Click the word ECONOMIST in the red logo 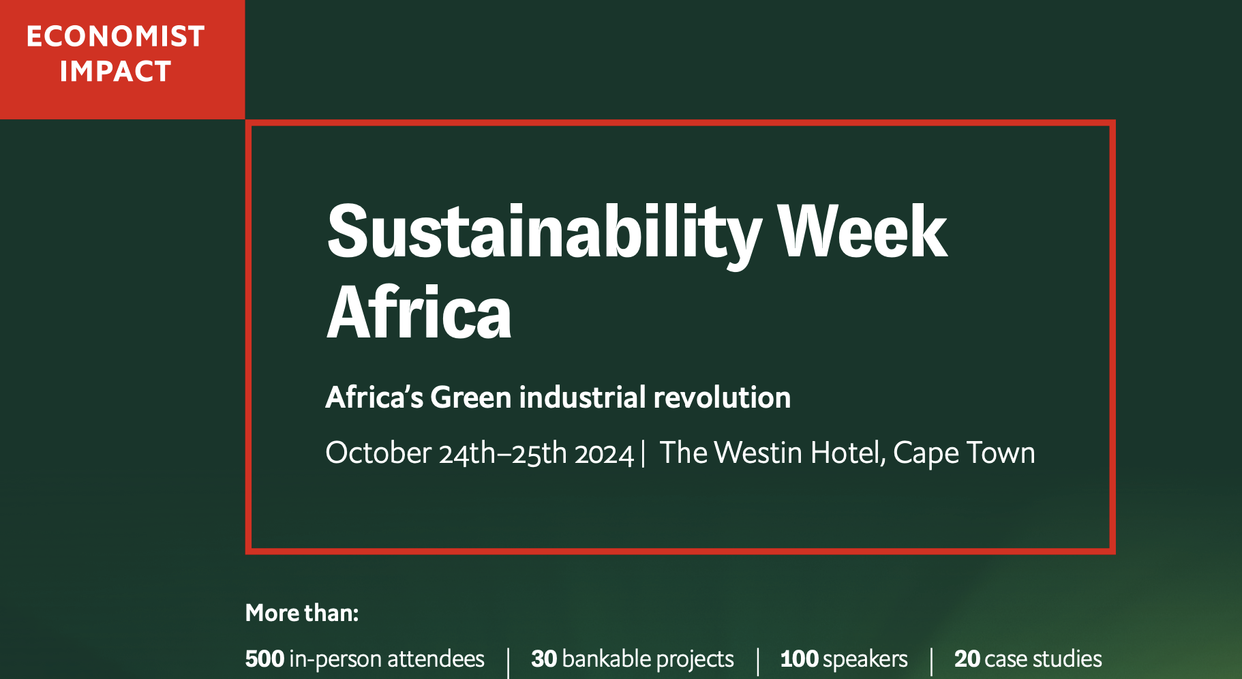pyautogui.click(x=115, y=36)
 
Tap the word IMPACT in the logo pyautogui.click(x=115, y=72)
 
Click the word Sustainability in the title pyautogui.click(x=544, y=234)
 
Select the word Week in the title pyautogui.click(x=862, y=232)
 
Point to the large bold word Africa pyautogui.click(x=419, y=312)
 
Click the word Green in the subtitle pyautogui.click(x=470, y=397)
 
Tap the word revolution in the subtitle pyautogui.click(x=722, y=397)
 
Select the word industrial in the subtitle pyautogui.click(x=582, y=397)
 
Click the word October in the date pyautogui.click(x=378, y=453)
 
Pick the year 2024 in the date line pyautogui.click(x=604, y=454)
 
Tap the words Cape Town pyautogui.click(x=964, y=454)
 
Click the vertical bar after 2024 pyautogui.click(x=643, y=454)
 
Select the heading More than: pyautogui.click(x=302, y=613)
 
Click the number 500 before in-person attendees pyautogui.click(x=264, y=659)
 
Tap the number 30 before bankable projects pyautogui.click(x=544, y=659)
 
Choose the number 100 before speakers pyautogui.click(x=799, y=659)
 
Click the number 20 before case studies pyautogui.click(x=967, y=659)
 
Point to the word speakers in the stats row pyautogui.click(x=865, y=660)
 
